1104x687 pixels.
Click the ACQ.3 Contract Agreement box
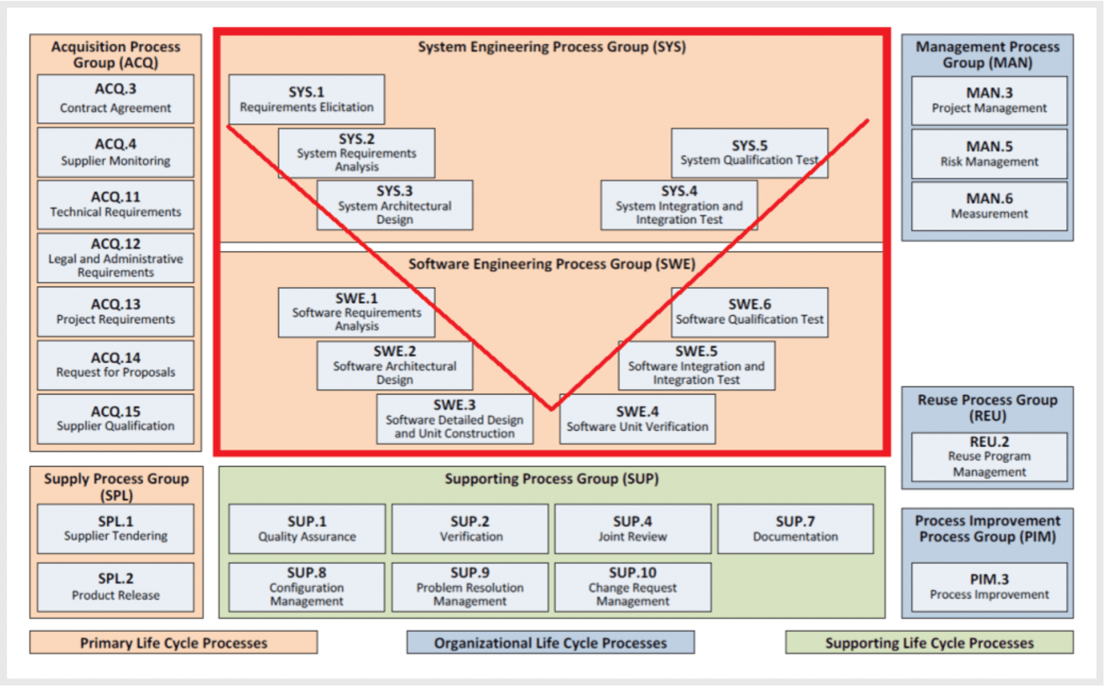(x=115, y=99)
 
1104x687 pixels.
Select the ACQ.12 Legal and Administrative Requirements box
(x=115, y=258)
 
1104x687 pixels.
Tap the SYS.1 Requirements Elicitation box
(x=307, y=99)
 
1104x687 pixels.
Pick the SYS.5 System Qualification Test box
(x=749, y=153)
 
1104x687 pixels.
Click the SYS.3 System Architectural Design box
(x=395, y=205)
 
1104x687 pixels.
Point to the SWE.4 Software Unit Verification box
(x=637, y=419)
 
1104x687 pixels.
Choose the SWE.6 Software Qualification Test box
(x=749, y=312)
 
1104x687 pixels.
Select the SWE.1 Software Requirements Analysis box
(x=357, y=312)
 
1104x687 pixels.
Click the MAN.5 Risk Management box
(x=989, y=154)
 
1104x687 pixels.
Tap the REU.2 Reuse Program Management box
(x=989, y=457)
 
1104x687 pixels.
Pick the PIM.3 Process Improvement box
(x=989, y=586)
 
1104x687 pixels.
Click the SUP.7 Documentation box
(x=795, y=529)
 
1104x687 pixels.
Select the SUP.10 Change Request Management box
(x=633, y=586)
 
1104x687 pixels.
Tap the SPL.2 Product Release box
(x=115, y=586)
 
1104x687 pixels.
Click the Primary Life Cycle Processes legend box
(x=174, y=642)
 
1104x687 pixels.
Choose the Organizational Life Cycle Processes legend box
(x=550, y=642)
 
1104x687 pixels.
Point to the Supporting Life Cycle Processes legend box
(x=929, y=642)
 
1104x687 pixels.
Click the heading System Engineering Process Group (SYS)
(x=552, y=47)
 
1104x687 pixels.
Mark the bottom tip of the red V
(x=552, y=409)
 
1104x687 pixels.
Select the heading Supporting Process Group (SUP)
(x=552, y=479)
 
